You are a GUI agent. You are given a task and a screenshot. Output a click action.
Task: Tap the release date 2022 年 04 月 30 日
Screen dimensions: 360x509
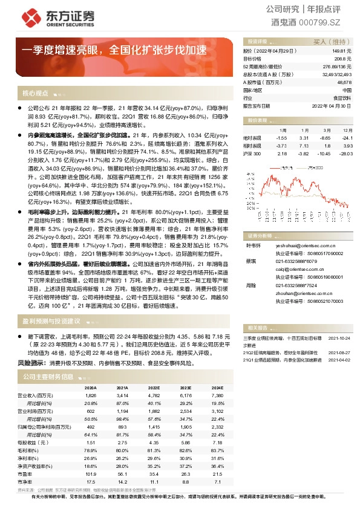[332, 105]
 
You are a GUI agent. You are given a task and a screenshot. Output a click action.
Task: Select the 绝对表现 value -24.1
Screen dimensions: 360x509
[347, 138]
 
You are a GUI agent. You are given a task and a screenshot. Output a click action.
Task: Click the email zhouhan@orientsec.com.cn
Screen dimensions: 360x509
[301, 292]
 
